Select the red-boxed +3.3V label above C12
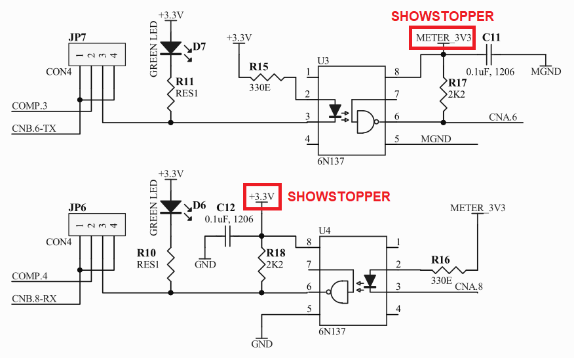(x=262, y=196)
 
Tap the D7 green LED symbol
(x=171, y=47)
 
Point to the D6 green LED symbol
(x=171, y=206)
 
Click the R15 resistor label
(x=259, y=66)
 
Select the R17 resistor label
(x=458, y=83)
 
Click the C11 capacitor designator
(x=491, y=38)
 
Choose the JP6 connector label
(x=79, y=208)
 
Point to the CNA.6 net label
(x=503, y=117)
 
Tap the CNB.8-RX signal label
(x=34, y=298)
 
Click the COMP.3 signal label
(x=29, y=105)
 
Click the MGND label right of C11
(x=546, y=71)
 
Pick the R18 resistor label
(x=277, y=254)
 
